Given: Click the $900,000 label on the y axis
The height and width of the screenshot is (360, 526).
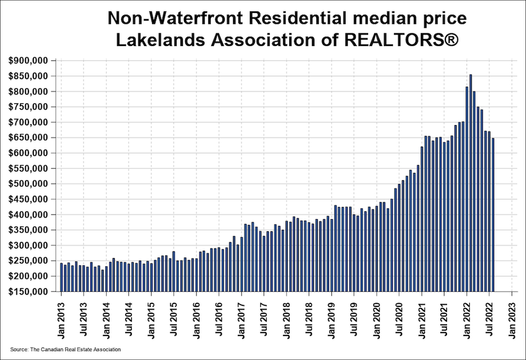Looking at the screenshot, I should pyautogui.click(x=28, y=61).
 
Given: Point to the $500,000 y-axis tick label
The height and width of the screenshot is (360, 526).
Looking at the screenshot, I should pyautogui.click(x=28, y=184).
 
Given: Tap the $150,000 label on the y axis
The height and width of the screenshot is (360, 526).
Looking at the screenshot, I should pyautogui.click(x=28, y=292).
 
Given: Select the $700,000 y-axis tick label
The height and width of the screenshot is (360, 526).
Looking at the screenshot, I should pyautogui.click(x=28, y=122).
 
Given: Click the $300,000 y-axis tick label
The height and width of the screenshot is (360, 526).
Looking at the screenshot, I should pyautogui.click(x=28, y=246).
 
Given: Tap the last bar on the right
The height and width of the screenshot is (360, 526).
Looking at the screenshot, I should pyautogui.click(x=493, y=215).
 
